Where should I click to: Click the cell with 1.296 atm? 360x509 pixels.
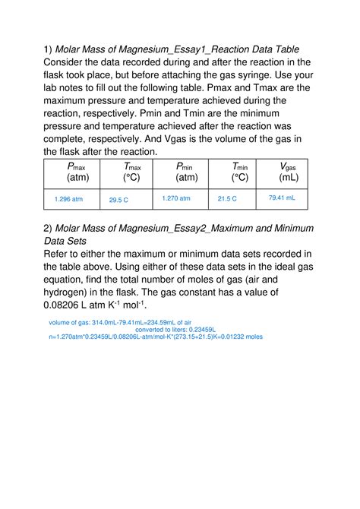coord(69,199)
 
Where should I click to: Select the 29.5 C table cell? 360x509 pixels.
coord(118,200)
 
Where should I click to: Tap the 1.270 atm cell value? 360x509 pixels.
coord(176,198)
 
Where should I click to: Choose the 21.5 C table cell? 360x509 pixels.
coord(227,199)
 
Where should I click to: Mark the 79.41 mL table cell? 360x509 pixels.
coord(282,198)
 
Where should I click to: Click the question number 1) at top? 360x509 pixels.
coord(48,52)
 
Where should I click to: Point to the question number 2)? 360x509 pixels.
coord(48,229)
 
